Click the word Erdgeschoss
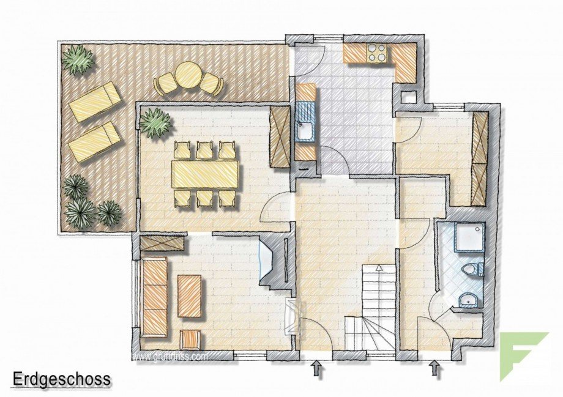pyautogui.click(x=62, y=379)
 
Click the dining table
pyautogui.click(x=204, y=174)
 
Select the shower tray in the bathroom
pyautogui.click(x=469, y=237)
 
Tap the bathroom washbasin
pyautogui.click(x=469, y=300)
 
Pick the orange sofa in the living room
pyautogui.click(x=154, y=297)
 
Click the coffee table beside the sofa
pyautogui.click(x=189, y=295)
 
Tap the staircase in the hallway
pyautogui.click(x=373, y=306)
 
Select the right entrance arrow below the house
pyautogui.click(x=435, y=368)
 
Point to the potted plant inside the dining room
pyautogui.click(x=155, y=122)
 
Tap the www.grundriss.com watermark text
pyautogui.click(x=171, y=355)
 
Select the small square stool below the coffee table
pyautogui.click(x=190, y=338)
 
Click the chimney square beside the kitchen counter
pyautogui.click(x=407, y=97)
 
